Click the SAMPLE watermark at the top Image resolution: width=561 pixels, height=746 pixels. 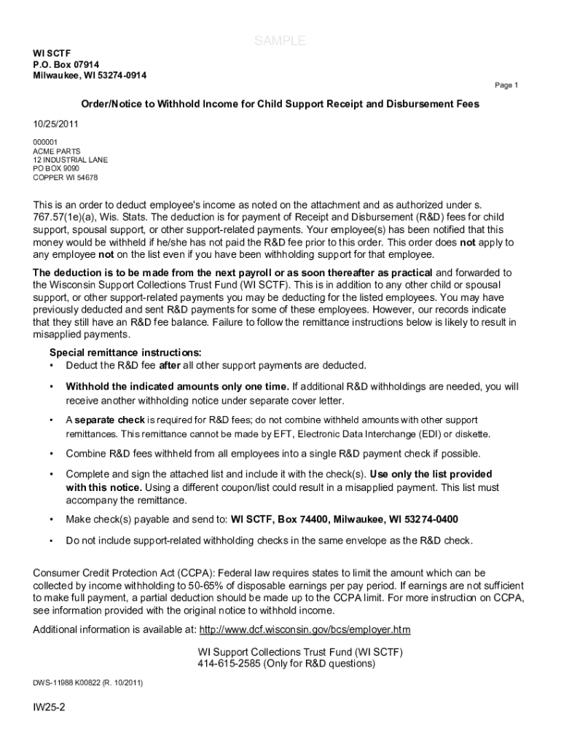(x=280, y=42)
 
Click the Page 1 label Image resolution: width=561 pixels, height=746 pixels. (x=506, y=85)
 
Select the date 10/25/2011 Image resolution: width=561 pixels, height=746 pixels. (x=55, y=124)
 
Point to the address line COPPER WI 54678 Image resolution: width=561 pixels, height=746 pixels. (x=66, y=177)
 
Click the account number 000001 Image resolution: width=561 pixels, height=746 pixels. (x=45, y=142)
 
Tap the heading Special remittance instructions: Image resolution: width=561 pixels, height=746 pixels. (x=125, y=352)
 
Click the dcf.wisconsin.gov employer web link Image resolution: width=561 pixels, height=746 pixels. (x=305, y=629)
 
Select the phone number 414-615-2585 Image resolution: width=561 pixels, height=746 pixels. (x=232, y=664)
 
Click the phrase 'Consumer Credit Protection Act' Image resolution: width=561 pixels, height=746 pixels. (x=106, y=573)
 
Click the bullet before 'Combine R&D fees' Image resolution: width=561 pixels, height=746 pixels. (x=51, y=453)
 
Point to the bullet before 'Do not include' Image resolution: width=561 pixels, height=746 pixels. (x=51, y=541)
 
